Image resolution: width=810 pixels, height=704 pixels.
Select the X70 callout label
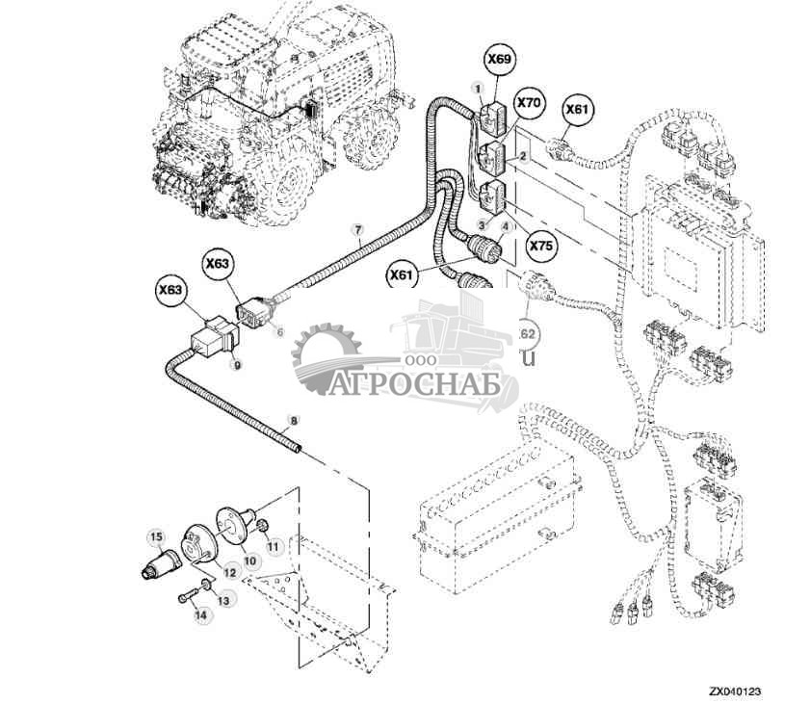point(530,101)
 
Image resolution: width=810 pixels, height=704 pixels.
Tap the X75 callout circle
point(542,247)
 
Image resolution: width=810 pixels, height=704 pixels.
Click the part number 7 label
point(357,230)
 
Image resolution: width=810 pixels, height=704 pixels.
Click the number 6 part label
point(280,331)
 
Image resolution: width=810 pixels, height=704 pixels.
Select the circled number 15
point(155,535)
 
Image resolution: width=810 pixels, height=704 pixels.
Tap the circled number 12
point(230,572)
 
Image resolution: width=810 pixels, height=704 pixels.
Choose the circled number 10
point(249,561)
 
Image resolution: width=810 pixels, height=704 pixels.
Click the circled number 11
point(273,546)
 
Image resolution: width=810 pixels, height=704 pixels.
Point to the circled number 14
point(200,614)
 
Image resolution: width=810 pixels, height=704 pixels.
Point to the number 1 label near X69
point(476,88)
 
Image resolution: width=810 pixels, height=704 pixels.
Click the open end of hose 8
point(300,450)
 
